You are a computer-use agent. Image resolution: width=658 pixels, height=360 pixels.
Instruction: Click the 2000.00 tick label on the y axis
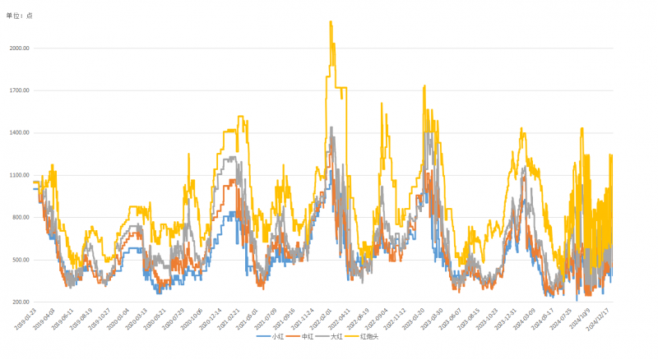coord(19,48)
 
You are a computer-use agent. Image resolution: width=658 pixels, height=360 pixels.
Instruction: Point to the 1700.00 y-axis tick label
coord(19,90)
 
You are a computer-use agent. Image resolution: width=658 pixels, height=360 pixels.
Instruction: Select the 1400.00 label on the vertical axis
coord(19,132)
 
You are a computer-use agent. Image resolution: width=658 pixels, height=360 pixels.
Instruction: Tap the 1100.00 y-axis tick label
coord(19,175)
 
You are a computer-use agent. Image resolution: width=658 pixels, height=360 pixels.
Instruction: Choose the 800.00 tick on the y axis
coord(21,217)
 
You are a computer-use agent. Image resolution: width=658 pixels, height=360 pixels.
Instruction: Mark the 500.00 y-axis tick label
coord(21,260)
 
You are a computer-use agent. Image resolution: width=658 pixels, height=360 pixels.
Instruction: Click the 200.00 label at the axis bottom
coord(21,302)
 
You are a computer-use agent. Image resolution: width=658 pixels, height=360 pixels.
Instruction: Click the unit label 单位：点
coord(20,16)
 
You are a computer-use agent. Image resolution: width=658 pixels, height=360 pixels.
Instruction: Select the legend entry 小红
coord(271,337)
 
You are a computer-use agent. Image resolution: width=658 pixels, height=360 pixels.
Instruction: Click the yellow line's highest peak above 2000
coord(331,22)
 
